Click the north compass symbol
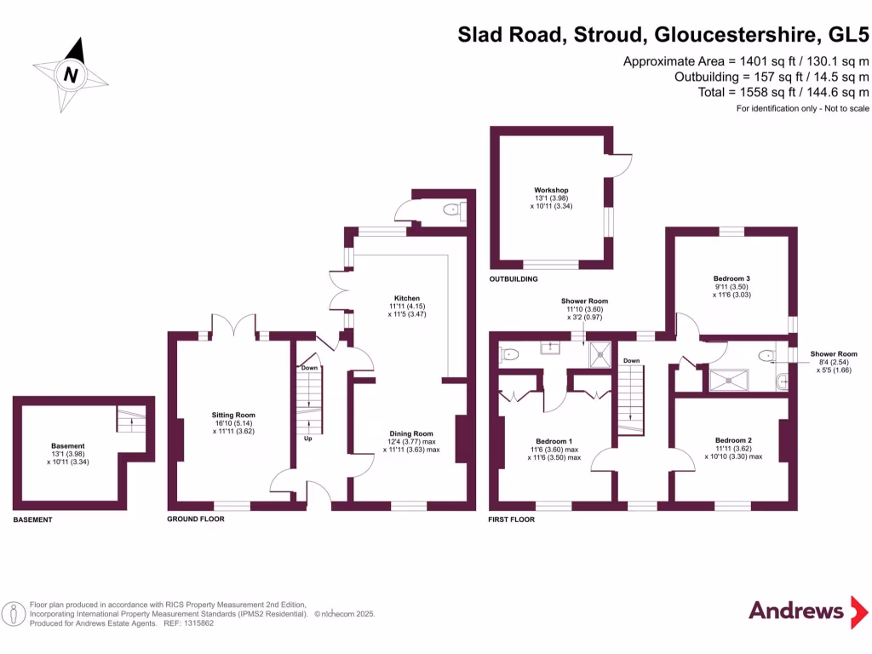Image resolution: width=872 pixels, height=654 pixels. [x=72, y=75]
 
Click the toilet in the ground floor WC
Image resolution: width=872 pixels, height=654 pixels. [x=450, y=209]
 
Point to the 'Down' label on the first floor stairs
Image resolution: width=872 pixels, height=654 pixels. [x=631, y=361]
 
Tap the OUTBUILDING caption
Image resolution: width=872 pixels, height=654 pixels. [x=513, y=279]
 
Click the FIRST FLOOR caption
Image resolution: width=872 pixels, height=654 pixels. [x=511, y=519]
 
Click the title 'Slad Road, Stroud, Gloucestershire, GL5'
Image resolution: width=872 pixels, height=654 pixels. [x=663, y=35]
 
